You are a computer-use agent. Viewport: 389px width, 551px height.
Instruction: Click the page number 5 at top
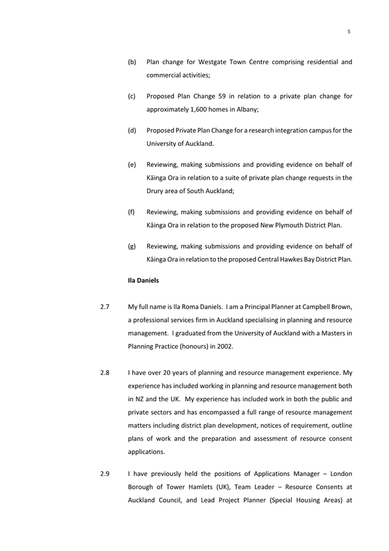(349, 31)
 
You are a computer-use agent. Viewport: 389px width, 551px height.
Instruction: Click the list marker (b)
(132, 62)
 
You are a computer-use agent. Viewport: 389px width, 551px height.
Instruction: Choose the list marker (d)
(132, 131)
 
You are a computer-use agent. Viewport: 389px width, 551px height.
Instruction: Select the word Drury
(158, 192)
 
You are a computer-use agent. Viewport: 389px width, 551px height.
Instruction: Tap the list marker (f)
(131, 212)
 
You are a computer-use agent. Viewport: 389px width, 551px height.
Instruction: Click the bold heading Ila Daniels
(144, 281)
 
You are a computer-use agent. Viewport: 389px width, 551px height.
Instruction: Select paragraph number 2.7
(105, 307)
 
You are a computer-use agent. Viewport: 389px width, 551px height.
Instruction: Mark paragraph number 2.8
(105, 373)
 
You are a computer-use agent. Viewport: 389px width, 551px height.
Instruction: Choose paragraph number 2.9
(105, 474)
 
